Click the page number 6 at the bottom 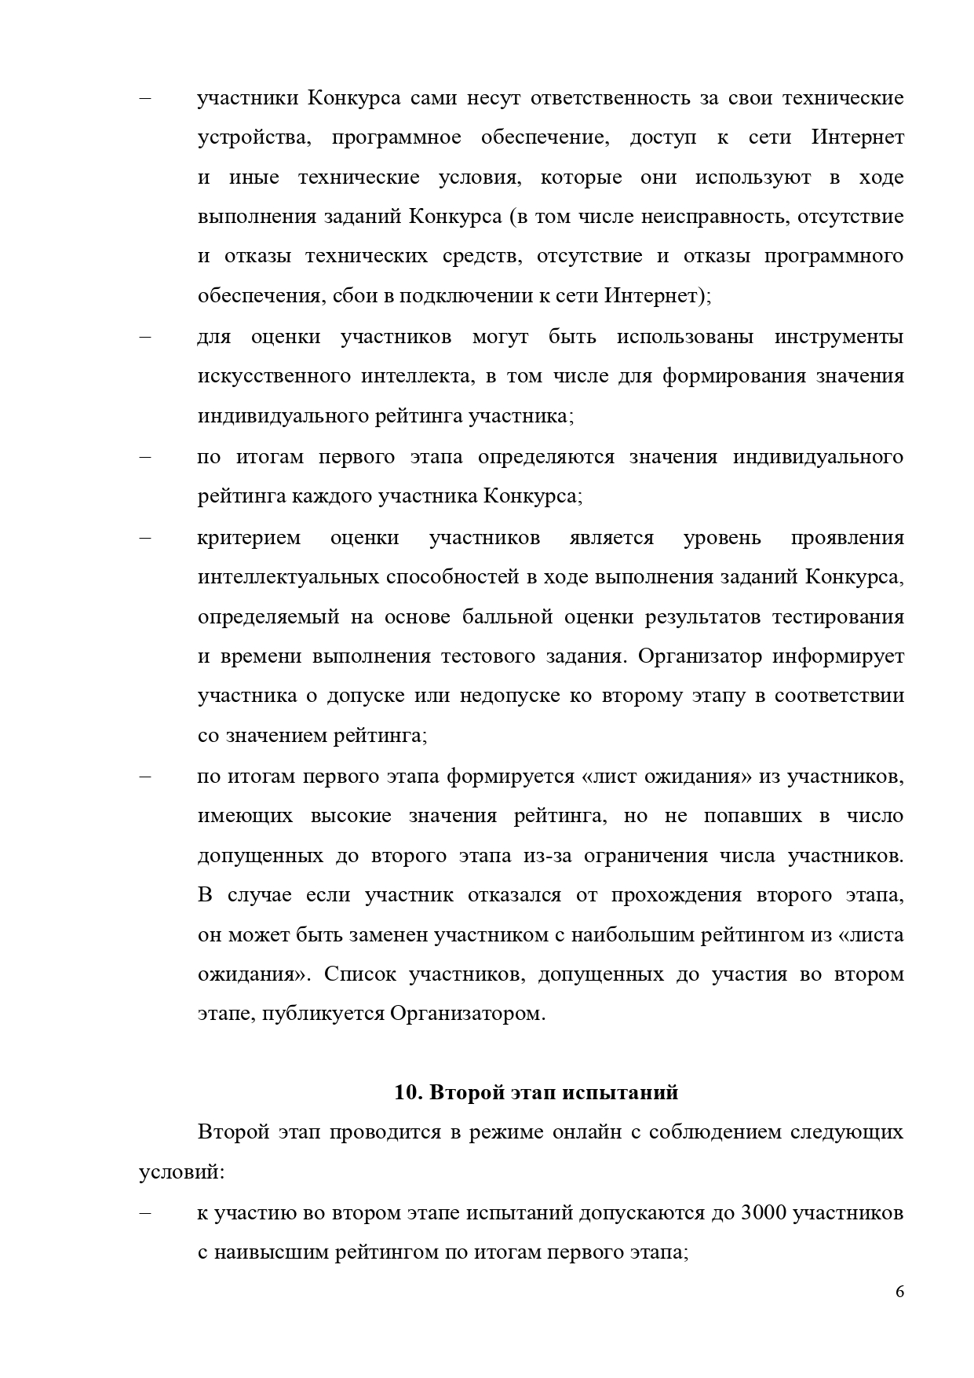899,1292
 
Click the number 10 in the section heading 403,1092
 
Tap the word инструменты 839,337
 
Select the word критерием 249,538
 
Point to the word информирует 838,656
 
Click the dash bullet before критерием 144,538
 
